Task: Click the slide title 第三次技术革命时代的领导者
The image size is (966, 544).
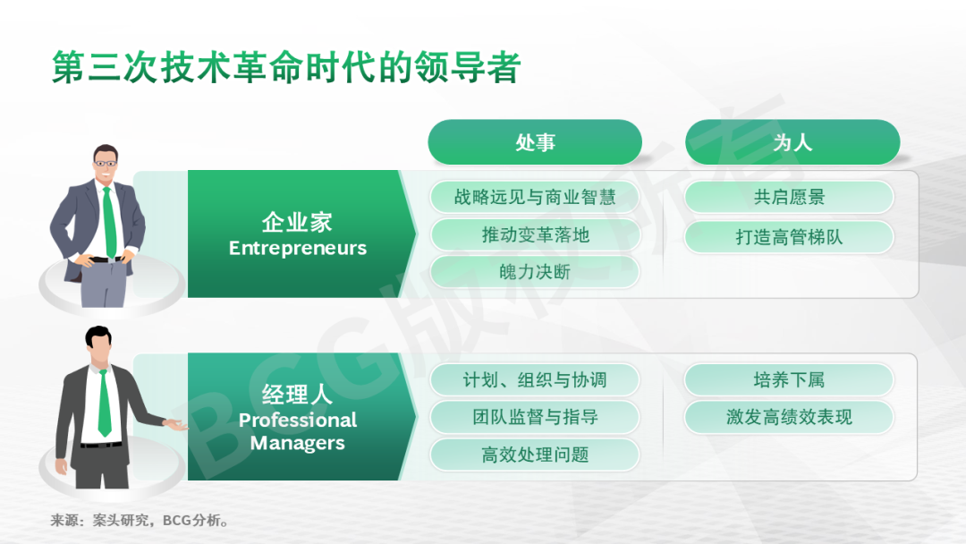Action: pos(286,67)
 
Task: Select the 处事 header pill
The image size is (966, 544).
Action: pos(535,142)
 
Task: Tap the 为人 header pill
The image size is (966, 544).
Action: pos(792,142)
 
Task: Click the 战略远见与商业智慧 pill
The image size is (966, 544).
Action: pos(535,197)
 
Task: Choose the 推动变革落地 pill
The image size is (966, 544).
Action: pos(535,234)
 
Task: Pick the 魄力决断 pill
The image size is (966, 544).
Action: pos(535,272)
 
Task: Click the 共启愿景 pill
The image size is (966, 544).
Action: pos(789,197)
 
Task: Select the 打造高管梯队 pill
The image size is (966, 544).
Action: pos(789,236)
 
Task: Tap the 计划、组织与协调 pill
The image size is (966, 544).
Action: pos(535,379)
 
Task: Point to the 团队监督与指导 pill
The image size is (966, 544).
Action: pos(535,417)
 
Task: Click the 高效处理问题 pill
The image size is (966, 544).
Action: pos(535,455)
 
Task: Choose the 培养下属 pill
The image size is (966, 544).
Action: pos(789,379)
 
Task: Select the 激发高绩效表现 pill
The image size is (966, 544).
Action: pos(789,417)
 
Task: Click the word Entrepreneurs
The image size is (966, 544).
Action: pos(298,248)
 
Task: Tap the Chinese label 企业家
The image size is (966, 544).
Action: pos(297,222)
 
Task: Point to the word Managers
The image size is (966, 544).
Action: pos(298,443)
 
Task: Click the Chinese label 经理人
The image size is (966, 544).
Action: pos(297,395)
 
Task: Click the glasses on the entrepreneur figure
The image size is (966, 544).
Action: pos(106,163)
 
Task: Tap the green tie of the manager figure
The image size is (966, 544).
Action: pos(105,404)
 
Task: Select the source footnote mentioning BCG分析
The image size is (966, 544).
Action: pos(140,521)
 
